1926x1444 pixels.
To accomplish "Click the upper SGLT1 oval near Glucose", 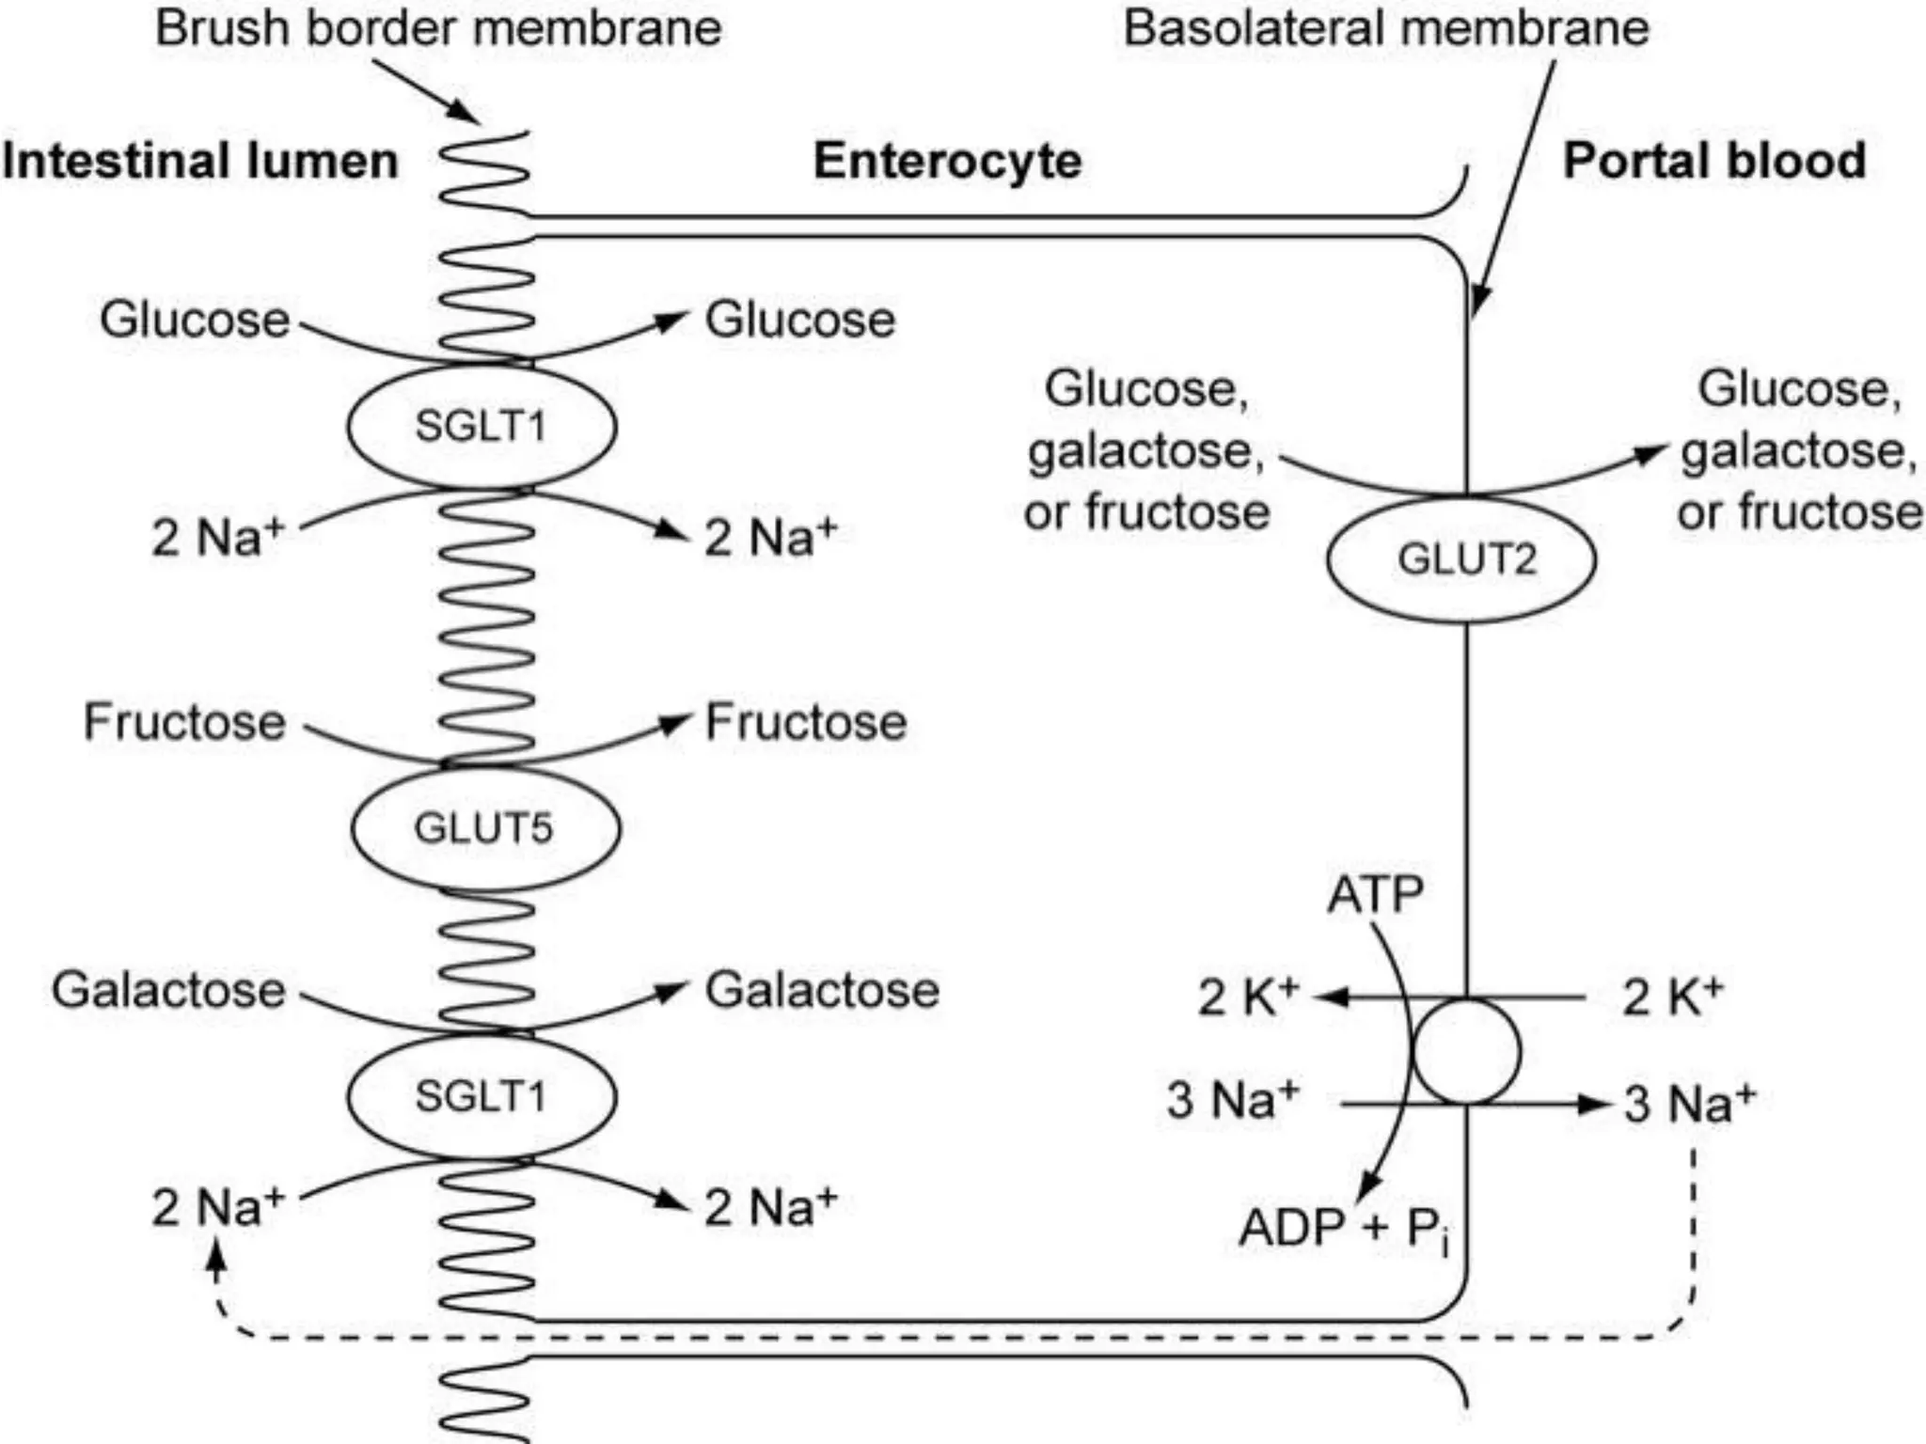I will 481,427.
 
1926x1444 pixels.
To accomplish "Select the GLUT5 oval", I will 485,828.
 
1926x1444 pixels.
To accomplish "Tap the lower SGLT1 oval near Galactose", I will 481,1096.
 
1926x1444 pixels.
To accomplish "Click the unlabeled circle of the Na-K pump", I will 1466,1051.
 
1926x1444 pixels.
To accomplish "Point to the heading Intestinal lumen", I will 200,161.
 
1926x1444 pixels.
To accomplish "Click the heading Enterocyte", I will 947,161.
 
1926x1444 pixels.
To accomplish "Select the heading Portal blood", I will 1713,161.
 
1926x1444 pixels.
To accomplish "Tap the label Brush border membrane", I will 438,27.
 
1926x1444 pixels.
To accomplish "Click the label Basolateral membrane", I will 1386,27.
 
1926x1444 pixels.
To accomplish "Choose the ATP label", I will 1374,894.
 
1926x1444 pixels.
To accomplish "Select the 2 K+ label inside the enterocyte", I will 1248,997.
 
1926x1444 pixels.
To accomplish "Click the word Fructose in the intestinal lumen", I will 184,722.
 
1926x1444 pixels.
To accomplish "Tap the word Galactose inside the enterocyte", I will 822,990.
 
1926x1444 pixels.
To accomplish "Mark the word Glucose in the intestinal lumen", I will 195,320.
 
